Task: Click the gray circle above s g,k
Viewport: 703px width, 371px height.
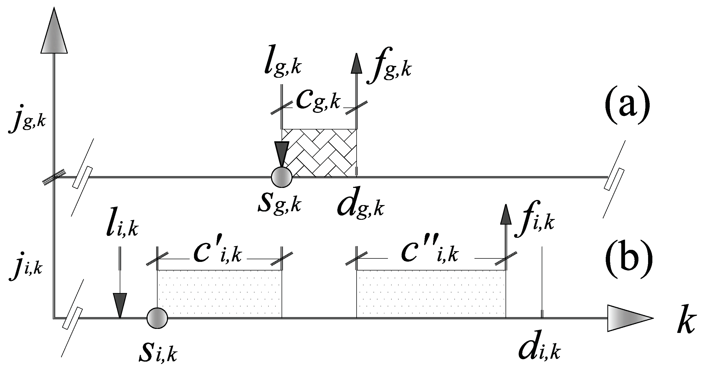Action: [x=282, y=177]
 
